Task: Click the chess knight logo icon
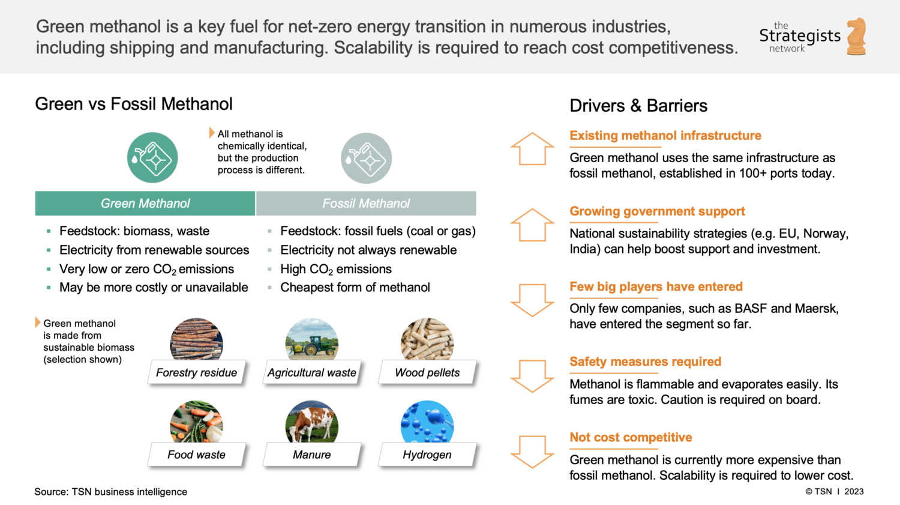pos(857,36)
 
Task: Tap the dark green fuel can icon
pos(152,158)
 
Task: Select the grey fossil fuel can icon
pos(366,159)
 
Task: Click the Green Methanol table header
pos(145,204)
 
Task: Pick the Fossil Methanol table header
pos(366,204)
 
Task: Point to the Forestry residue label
pos(196,373)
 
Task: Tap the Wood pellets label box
pos(427,373)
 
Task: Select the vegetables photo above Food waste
pos(196,422)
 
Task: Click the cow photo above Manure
pos(312,422)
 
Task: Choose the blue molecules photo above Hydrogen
pos(427,422)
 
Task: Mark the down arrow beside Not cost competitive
pos(532,452)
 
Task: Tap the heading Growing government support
pos(657,211)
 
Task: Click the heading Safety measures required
pos(645,361)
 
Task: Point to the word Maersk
pos(815,309)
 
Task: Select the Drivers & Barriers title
pos(638,106)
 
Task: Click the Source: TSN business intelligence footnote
pos(111,492)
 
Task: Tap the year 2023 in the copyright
pos(854,491)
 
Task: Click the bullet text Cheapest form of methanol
pos(355,288)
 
